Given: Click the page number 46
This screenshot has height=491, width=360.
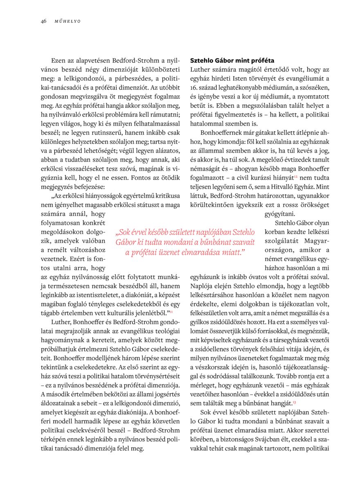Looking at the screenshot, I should (43, 21).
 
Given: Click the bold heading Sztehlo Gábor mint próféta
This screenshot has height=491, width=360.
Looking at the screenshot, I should (232, 60).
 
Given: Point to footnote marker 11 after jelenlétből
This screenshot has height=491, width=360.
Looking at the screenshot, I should (171, 312).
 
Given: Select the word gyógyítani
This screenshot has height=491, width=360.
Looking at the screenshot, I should (278, 214).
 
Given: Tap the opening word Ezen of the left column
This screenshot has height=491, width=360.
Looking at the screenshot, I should (59, 60).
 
